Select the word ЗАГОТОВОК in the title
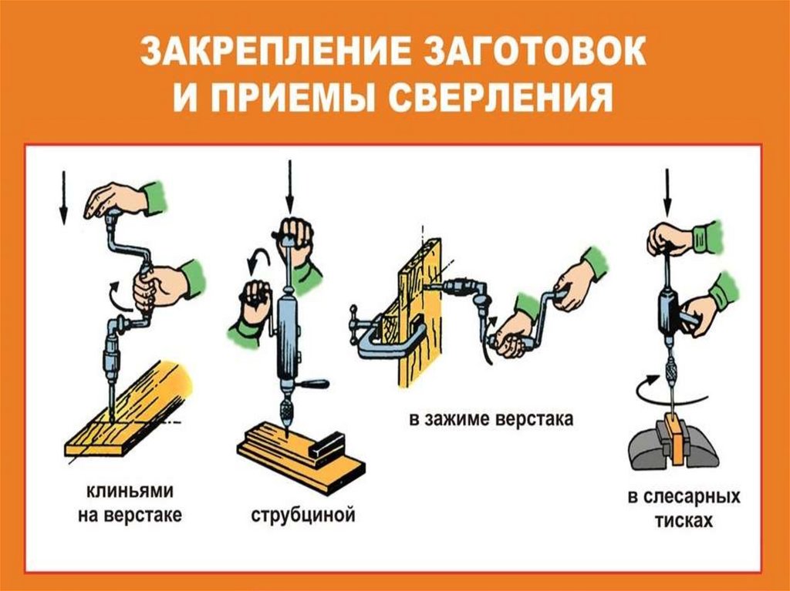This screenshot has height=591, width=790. coord(536,52)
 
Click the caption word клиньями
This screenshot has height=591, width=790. coord(130,490)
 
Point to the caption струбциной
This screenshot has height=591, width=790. coord(302,515)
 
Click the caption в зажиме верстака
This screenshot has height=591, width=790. coord(491,419)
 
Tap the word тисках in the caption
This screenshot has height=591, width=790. coord(684,520)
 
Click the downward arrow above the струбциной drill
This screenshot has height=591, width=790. coord(290,186)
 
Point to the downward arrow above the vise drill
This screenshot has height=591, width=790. coord(667,193)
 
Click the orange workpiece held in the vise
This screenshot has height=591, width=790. coord(674,438)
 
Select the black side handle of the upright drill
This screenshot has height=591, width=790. coord(312,385)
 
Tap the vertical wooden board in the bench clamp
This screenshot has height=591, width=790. coord(420,313)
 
